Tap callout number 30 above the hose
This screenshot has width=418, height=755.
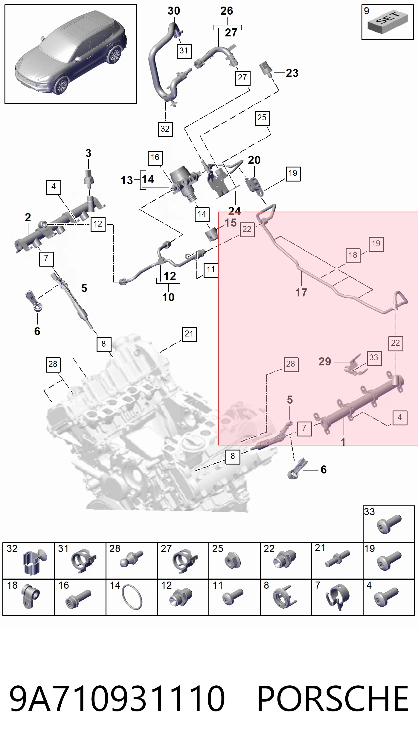pos(174,11)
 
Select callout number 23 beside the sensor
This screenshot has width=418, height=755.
pos(292,73)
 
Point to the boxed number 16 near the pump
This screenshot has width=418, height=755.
pos(155,158)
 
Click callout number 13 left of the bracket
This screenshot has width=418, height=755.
pos(126,180)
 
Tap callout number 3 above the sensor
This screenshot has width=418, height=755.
pos(88,153)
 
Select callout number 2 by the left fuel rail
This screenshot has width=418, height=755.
pos(28,217)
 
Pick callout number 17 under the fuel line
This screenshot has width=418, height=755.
pos(301,293)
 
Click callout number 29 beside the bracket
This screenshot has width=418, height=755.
pos(325,362)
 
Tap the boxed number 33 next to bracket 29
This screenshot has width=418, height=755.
pos(374,358)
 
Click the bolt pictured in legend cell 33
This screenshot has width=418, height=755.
pos(389,524)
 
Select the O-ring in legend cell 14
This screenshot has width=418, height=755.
pos(132,597)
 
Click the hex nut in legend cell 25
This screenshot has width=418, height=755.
pos(233,560)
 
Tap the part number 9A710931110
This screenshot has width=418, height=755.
pos(117,698)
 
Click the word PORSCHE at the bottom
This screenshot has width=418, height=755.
pos(333,698)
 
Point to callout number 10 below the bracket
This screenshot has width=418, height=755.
pos(168,297)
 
